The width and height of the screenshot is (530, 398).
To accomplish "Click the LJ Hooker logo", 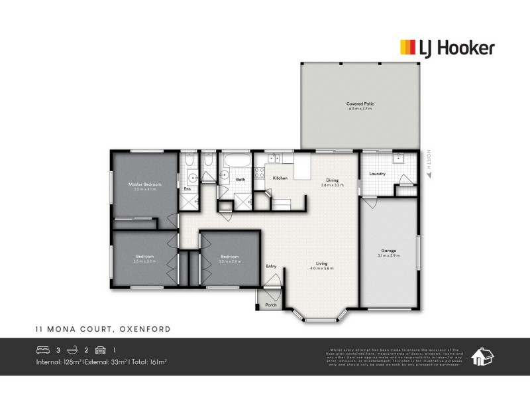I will pyautogui.click(x=447, y=47).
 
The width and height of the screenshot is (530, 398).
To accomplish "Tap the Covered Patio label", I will pyautogui.click(x=360, y=103).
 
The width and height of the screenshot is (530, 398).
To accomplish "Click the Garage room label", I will pyautogui.click(x=388, y=250).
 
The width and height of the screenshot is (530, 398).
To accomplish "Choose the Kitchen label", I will pyautogui.click(x=280, y=178).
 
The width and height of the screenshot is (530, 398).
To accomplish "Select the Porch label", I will pyautogui.click(x=271, y=305).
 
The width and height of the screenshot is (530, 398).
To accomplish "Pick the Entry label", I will pyautogui.click(x=271, y=266).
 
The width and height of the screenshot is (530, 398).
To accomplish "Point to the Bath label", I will pyautogui.click(x=240, y=179).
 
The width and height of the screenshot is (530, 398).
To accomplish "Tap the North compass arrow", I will pyautogui.click(x=429, y=176).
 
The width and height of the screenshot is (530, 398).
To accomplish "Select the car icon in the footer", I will pyautogui.click(x=100, y=350).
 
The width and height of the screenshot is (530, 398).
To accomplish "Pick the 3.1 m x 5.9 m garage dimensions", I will pyautogui.click(x=388, y=255).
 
